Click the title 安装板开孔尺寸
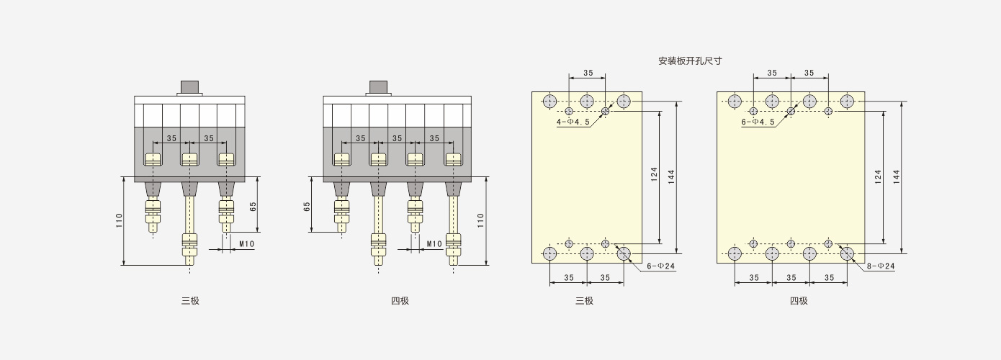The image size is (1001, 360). [x=690, y=60]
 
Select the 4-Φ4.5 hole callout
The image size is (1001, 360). [x=573, y=122]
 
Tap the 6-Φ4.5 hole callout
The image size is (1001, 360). [x=758, y=122]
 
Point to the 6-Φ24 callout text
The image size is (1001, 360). [x=661, y=266]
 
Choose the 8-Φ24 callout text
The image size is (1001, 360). [x=881, y=266]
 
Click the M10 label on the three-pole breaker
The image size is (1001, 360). [x=247, y=244]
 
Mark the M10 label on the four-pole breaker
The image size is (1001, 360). [x=434, y=244]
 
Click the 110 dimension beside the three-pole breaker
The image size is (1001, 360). [x=119, y=220]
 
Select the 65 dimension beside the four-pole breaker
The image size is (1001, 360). [x=307, y=207]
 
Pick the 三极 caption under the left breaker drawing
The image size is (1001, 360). [x=190, y=300]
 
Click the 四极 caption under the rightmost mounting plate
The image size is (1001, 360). [x=799, y=300]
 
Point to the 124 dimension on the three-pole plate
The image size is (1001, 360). [x=654, y=175]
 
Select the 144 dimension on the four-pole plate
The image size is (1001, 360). [x=897, y=176]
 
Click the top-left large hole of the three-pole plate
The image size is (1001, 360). [x=549, y=102]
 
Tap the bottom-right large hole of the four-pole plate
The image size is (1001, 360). [x=847, y=253]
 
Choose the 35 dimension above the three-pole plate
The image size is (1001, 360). [x=588, y=73]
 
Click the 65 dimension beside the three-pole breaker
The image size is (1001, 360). [x=253, y=207]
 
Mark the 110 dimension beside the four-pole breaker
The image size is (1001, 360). [x=480, y=220]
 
